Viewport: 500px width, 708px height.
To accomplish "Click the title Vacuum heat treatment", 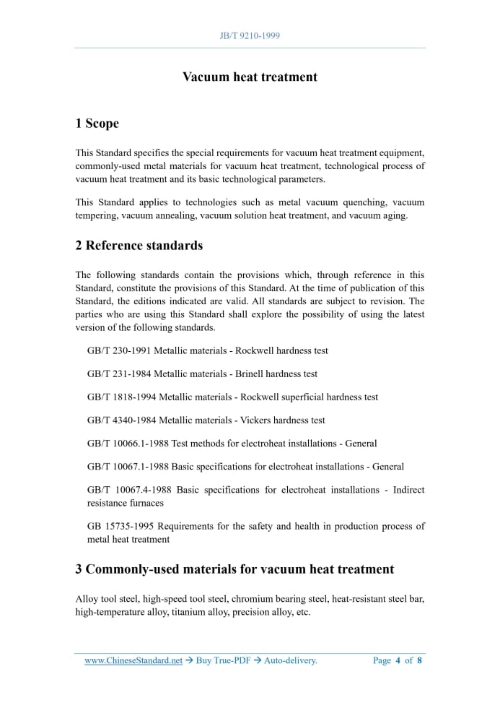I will (250, 77).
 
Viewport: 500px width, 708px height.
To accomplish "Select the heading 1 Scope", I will (97, 124).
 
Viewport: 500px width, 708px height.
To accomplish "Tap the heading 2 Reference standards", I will (139, 246).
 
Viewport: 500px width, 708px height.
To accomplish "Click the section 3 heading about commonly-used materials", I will (234, 569).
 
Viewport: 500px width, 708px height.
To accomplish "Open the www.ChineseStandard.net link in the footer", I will (133, 660).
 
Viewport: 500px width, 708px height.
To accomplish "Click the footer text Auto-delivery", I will (290, 660).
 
